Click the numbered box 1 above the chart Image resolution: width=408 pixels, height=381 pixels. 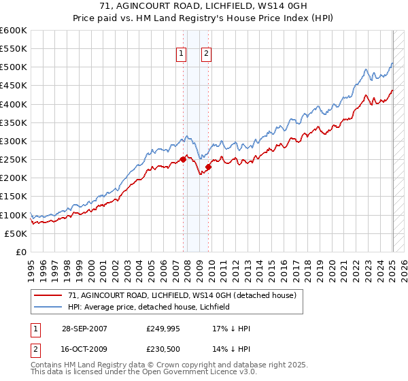coord(182,55)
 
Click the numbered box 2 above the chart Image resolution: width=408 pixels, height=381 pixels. coord(207,55)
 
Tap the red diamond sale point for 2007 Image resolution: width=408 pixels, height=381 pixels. coord(183,160)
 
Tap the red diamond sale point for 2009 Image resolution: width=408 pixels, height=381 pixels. coord(208,167)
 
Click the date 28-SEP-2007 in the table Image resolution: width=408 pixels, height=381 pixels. coord(84,329)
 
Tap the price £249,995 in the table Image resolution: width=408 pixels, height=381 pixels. coord(163,329)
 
